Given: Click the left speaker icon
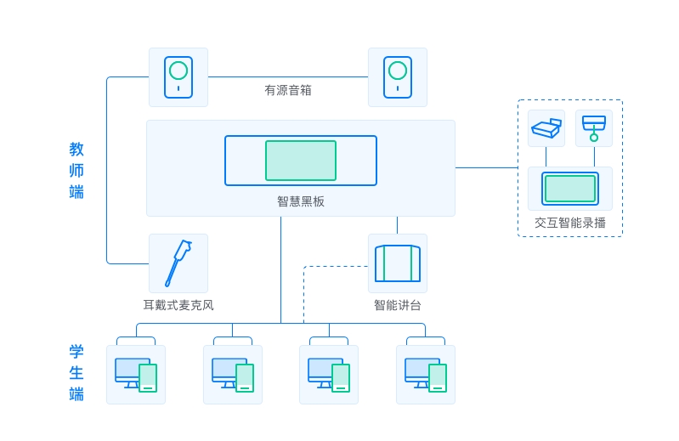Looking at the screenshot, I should [x=178, y=77].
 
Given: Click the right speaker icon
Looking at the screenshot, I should [x=398, y=77].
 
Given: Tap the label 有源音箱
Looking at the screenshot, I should [x=288, y=90].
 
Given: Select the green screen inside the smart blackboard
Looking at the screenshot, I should [x=301, y=161].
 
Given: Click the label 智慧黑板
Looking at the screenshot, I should [x=301, y=201].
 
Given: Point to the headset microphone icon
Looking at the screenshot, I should [x=178, y=263].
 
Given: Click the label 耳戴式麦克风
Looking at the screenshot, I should [x=178, y=305].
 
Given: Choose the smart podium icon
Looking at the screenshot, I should [x=398, y=263].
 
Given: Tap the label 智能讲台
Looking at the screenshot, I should [x=398, y=305].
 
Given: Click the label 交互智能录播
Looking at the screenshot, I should [x=570, y=223].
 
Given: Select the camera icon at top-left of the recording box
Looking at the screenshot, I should [x=546, y=128].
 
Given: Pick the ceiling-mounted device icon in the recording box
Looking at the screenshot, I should [x=594, y=128].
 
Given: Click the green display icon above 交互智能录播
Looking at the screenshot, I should [x=570, y=189].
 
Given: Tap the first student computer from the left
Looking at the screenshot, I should [x=136, y=375].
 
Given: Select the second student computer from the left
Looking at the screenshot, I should [x=233, y=375].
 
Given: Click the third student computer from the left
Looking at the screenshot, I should [x=329, y=375].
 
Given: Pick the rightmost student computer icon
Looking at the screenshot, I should [x=426, y=375].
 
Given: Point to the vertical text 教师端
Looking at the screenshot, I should [x=76, y=171].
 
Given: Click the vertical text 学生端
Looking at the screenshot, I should [x=76, y=373].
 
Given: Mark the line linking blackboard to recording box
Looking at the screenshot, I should [x=486, y=167].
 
